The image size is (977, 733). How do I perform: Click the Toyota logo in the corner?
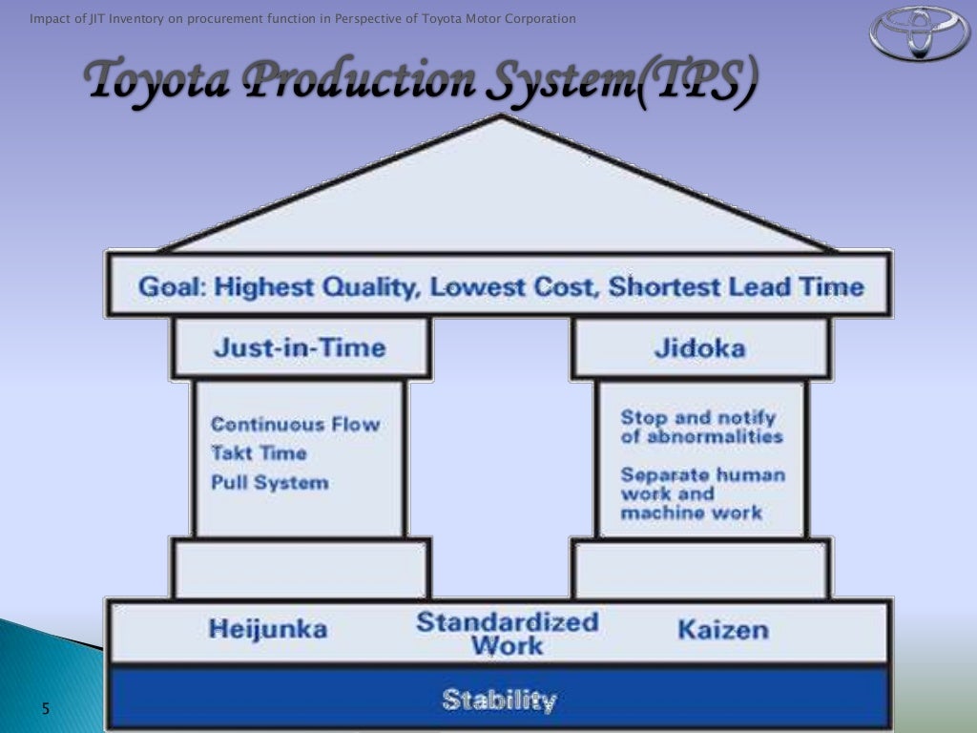[x=918, y=34]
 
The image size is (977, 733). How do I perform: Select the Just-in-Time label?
[x=300, y=347]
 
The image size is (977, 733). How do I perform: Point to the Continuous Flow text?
[x=295, y=424]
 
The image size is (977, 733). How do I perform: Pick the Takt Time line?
[x=259, y=452]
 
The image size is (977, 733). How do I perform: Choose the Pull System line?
[x=269, y=482]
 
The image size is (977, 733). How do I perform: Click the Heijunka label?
[x=268, y=629]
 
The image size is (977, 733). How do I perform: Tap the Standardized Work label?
[x=508, y=633]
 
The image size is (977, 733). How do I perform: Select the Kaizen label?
[x=722, y=629]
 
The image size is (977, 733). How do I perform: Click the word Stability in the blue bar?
[x=499, y=701]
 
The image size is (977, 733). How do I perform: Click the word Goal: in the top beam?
[x=174, y=287]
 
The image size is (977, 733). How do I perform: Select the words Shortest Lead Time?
[x=736, y=287]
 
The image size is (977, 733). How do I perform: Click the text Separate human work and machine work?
[x=702, y=492]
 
